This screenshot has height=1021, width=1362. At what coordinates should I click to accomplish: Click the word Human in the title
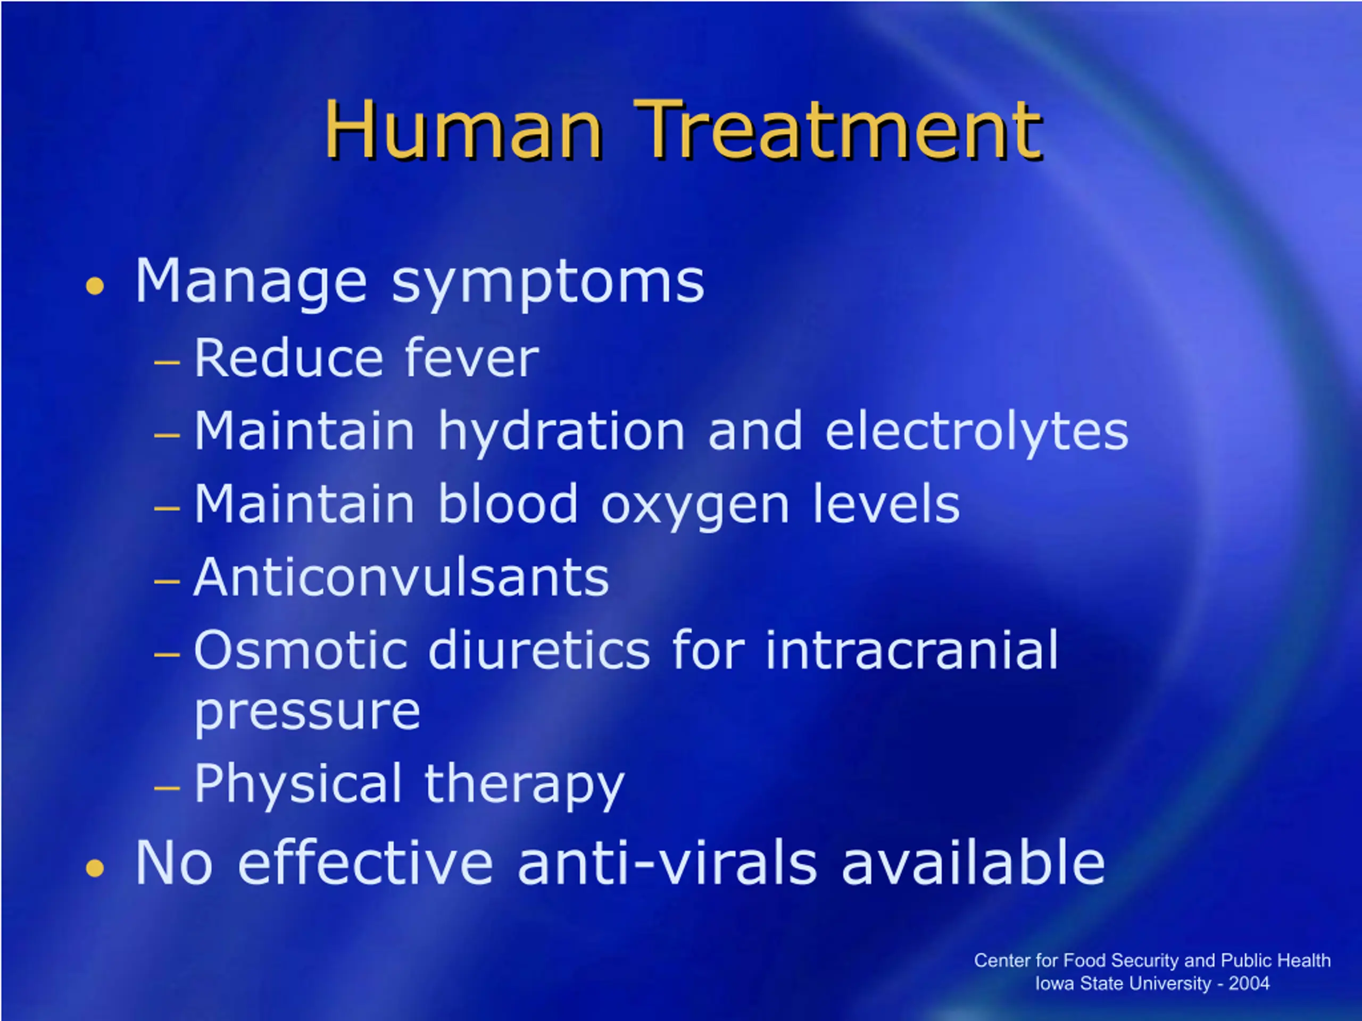[463, 130]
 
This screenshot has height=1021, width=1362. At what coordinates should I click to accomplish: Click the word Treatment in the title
[838, 130]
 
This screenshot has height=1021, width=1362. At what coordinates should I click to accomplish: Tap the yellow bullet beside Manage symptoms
[95, 286]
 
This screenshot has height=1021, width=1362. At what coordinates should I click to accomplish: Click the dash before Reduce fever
[167, 363]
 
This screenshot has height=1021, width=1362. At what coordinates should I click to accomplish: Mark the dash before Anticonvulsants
[167, 581]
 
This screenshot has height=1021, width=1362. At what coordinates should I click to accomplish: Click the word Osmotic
[301, 650]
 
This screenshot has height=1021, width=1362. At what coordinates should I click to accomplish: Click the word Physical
[298, 785]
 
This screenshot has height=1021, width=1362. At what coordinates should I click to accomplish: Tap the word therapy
[525, 785]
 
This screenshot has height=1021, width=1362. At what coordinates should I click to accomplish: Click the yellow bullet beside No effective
[95, 868]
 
